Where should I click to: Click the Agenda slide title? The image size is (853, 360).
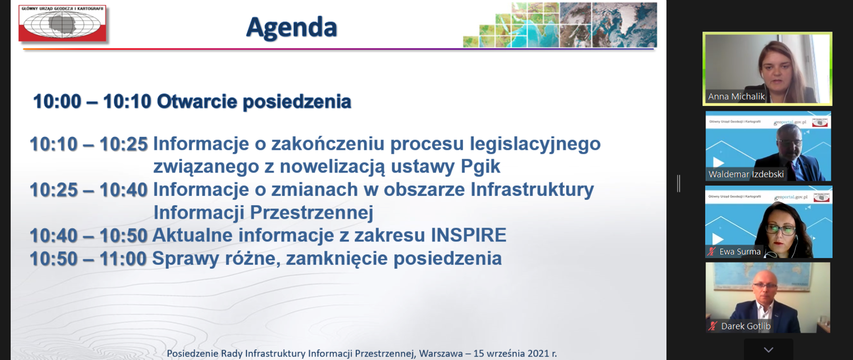coord(291,28)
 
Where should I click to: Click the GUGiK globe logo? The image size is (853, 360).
coord(62,24)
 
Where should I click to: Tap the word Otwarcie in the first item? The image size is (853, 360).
coord(197,102)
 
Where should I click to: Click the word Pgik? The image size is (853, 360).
coord(480,167)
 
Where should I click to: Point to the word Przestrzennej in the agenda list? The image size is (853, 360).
coord(311,212)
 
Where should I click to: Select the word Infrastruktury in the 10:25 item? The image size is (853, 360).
coord(532,190)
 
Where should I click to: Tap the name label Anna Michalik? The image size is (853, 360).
coord(736,96)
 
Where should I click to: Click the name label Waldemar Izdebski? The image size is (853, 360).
coord(746,174)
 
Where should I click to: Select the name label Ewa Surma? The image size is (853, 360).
coord(740,252)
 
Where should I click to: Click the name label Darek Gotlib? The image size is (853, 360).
coord(745,326)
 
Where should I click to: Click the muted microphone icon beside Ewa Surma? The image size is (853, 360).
coord(712,252)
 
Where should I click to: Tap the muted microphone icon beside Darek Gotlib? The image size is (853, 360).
coord(713,326)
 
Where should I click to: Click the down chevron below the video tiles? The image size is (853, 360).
coord(768,350)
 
